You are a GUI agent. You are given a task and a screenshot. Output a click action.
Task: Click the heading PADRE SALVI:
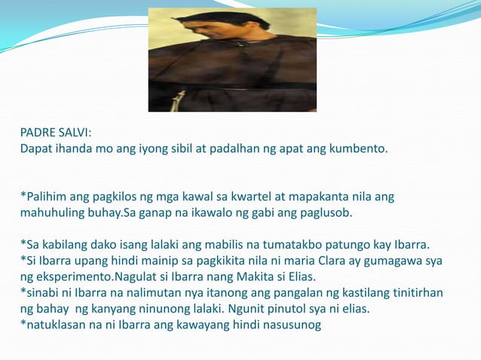[56, 133]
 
